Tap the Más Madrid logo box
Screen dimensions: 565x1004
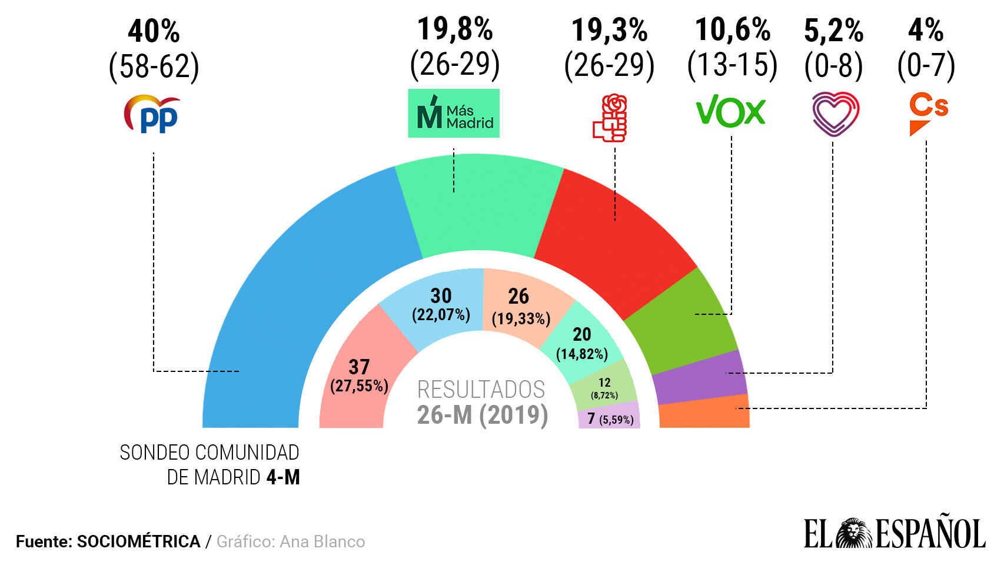[454, 114]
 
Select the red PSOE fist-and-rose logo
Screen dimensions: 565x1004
[610, 118]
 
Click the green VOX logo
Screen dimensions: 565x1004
[730, 111]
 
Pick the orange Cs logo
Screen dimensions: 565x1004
[928, 114]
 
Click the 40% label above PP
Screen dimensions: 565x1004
[154, 31]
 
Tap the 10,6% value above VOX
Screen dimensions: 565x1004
[733, 29]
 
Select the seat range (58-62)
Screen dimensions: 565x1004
[154, 66]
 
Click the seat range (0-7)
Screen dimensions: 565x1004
[926, 65]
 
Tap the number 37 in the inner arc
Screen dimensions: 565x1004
[359, 367]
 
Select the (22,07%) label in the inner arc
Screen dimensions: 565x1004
[441, 315]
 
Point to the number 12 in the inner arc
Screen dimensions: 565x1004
[604, 383]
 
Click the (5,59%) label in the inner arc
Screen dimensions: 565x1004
[617, 420]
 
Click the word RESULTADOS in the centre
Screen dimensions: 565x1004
[481, 390]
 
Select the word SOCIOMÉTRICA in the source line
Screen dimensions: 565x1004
[138, 541]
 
